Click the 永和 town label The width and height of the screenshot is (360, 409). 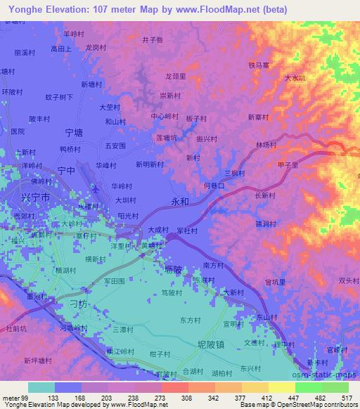180,200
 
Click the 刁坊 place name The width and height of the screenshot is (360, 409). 79,304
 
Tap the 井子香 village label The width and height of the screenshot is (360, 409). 153,39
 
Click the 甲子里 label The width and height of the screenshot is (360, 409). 288,164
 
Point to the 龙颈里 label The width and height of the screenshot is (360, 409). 174,76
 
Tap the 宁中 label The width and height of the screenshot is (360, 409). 66,170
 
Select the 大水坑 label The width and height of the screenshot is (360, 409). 295,79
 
